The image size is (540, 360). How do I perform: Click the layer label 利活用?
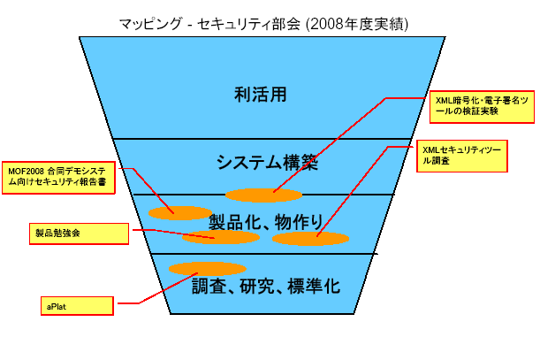(262, 94)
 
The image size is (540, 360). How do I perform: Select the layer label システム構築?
(266, 163)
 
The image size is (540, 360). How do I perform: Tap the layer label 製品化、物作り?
(264, 219)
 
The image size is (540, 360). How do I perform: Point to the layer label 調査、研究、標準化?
(266, 286)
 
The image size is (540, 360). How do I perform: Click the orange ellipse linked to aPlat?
(208, 268)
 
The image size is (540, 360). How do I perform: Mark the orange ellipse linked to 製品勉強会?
(220, 237)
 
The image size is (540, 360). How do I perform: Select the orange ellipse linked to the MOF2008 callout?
(180, 212)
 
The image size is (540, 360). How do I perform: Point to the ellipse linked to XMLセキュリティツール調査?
(310, 239)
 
